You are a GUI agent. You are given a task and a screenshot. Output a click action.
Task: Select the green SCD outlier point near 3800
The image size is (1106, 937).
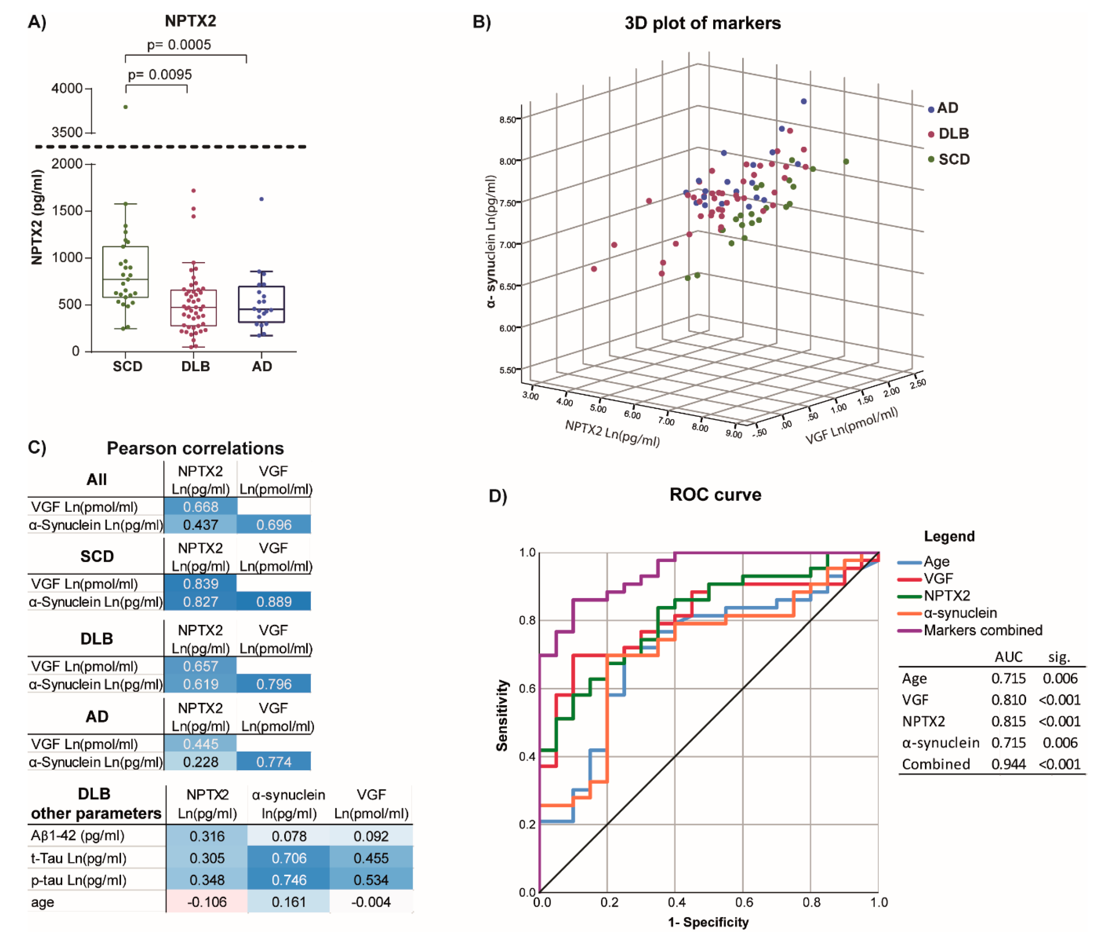(x=125, y=107)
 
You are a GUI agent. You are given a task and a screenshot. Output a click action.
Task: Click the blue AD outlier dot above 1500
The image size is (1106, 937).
(x=261, y=199)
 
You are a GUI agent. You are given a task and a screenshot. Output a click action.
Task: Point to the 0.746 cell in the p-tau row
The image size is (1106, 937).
(x=289, y=880)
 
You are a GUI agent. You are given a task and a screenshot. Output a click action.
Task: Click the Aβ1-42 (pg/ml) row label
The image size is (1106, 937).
(x=78, y=835)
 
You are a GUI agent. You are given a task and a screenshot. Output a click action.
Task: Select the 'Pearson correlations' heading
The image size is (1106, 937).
(x=195, y=448)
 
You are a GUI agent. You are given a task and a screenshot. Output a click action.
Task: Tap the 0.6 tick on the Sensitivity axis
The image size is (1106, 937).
(x=527, y=688)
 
